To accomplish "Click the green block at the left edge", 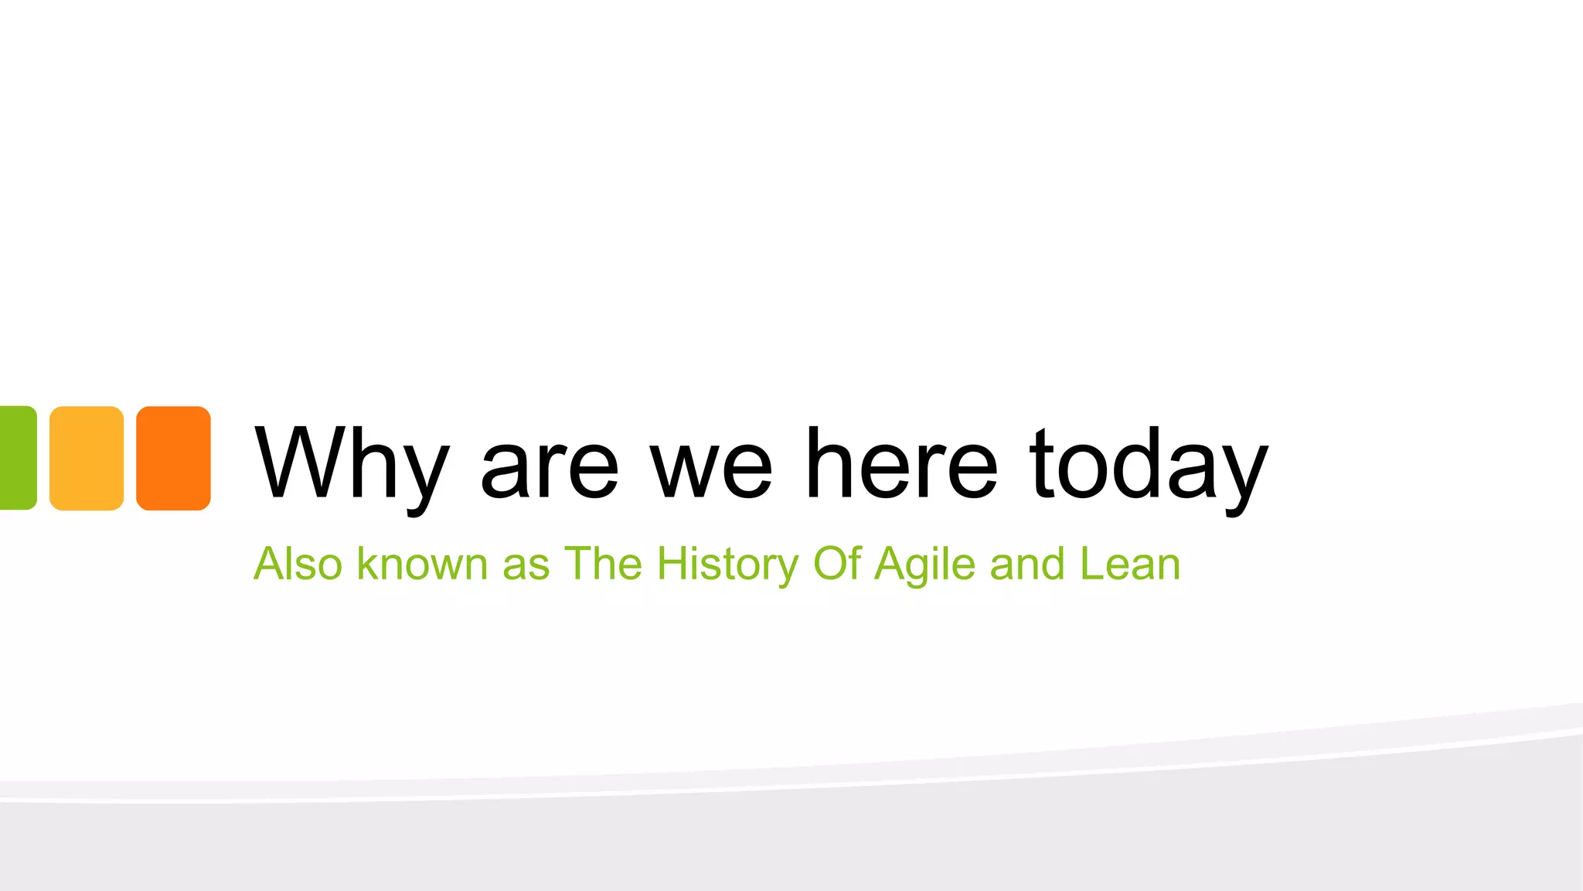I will [17, 458].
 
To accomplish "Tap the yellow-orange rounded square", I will [87, 458].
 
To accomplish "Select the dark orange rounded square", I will [173, 458].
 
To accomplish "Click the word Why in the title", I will [352, 464].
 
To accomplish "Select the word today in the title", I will [1149, 464].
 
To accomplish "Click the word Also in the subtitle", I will [298, 564].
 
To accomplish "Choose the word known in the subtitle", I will [422, 564].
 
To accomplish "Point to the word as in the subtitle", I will [526, 565].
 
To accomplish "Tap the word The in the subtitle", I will [603, 564].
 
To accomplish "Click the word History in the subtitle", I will [727, 565].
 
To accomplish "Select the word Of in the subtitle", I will [836, 564].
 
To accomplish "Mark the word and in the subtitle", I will [1027, 564].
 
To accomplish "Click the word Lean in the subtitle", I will [1129, 564].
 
